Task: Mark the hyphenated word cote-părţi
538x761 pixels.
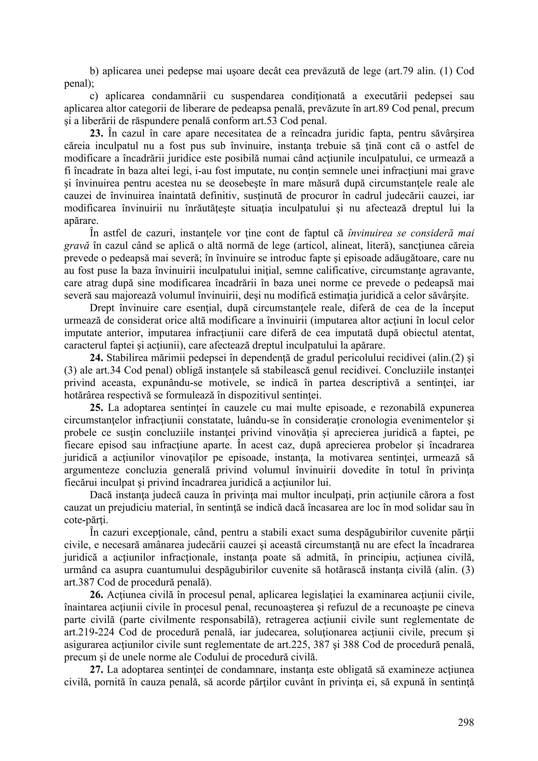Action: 85,520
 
